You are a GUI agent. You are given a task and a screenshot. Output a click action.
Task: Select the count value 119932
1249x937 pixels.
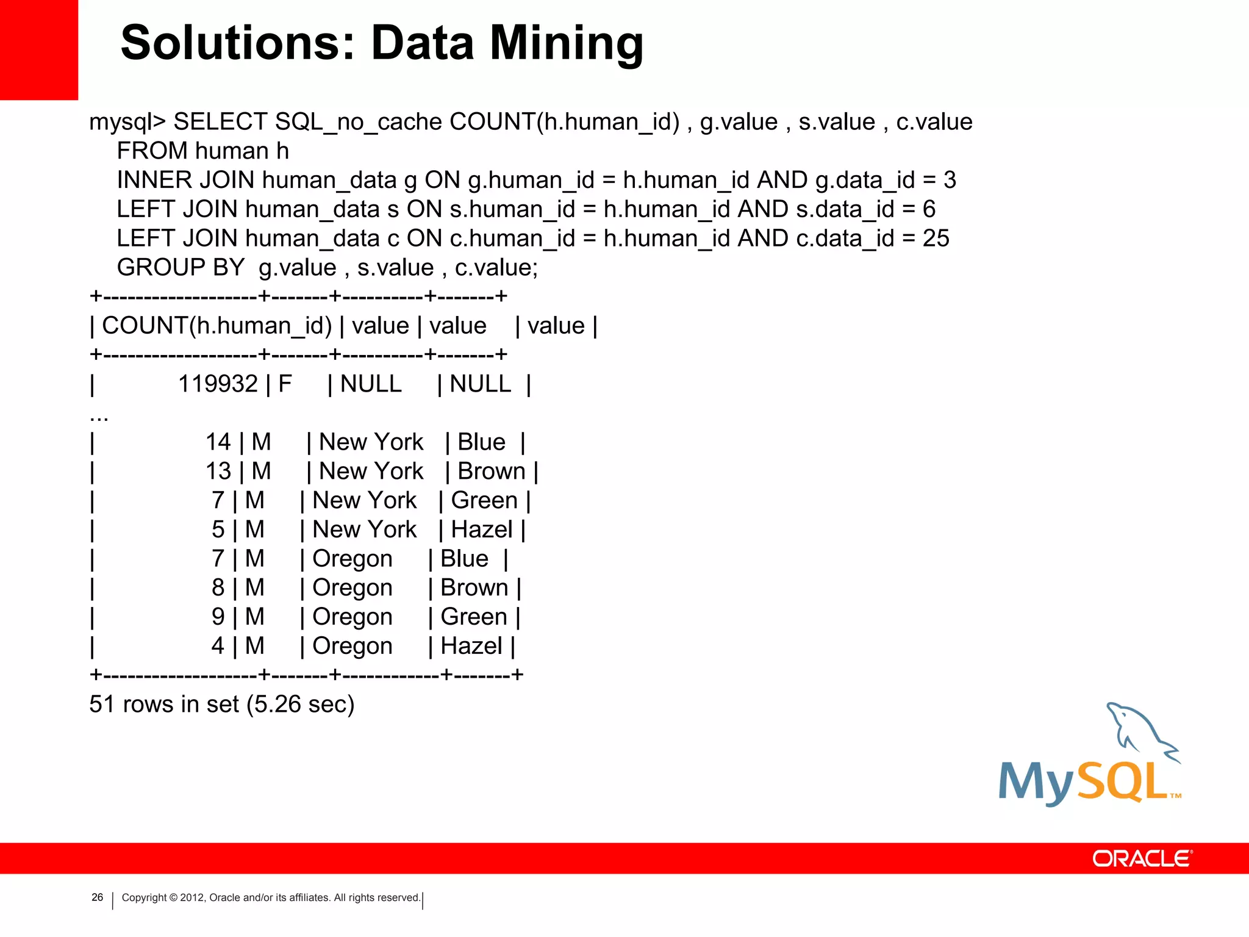(x=218, y=384)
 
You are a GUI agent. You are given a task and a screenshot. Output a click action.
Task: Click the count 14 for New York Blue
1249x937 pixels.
(x=218, y=442)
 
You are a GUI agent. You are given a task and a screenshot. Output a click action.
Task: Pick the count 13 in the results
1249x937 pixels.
(x=218, y=472)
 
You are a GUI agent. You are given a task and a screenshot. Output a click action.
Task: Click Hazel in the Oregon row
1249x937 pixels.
(x=471, y=646)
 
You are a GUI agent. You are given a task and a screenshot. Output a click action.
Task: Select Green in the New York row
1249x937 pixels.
(x=484, y=501)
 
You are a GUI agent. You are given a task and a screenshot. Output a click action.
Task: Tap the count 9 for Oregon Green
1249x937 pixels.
(x=218, y=617)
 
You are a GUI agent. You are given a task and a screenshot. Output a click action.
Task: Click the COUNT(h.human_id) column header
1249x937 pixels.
(x=217, y=326)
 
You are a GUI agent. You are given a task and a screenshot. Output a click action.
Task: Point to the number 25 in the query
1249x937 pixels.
(x=936, y=239)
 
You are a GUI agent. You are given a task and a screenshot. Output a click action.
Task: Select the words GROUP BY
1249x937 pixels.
(x=181, y=268)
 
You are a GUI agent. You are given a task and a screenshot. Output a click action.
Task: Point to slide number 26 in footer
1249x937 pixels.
(x=97, y=897)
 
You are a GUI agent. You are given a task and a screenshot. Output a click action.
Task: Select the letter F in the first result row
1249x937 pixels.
(x=285, y=384)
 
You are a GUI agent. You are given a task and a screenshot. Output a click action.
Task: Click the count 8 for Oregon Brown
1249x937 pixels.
(x=218, y=588)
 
